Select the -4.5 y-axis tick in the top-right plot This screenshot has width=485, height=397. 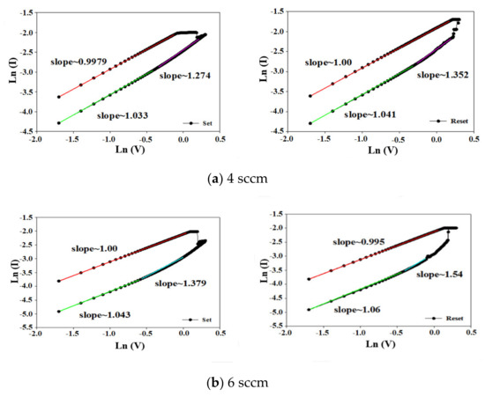point(273,131)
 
